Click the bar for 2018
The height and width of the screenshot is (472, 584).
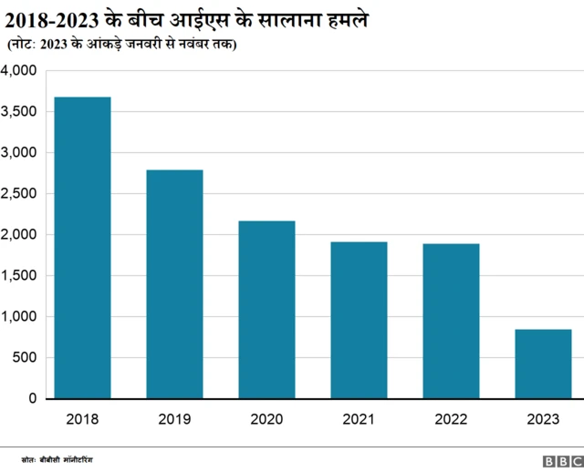[x=82, y=248]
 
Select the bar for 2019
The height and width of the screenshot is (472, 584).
[x=174, y=284]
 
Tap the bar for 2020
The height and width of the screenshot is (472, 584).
[x=266, y=310]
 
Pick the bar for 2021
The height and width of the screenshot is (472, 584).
[x=359, y=320]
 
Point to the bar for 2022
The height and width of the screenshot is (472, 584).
[x=451, y=321]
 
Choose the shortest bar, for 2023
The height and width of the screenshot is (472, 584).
[x=543, y=364]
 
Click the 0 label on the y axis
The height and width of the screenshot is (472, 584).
[x=32, y=398]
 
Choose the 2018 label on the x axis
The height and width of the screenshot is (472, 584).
[x=82, y=420]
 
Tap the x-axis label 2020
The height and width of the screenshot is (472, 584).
[x=266, y=420]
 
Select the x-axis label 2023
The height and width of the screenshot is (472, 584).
[x=543, y=420]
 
